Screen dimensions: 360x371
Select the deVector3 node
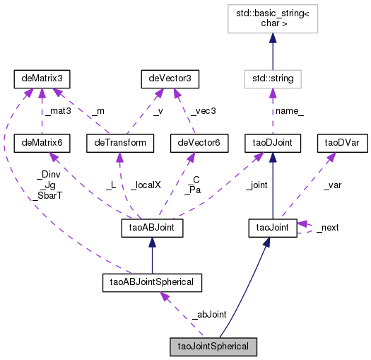[x=167, y=76]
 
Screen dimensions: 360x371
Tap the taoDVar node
[x=339, y=143]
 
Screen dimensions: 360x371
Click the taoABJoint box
[x=153, y=228]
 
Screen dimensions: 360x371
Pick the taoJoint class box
[x=272, y=228]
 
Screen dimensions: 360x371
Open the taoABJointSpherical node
[x=152, y=284]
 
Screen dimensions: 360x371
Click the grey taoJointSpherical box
[x=213, y=347]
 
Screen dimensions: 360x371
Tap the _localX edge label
[x=145, y=185]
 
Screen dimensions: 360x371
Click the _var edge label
[x=332, y=185]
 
